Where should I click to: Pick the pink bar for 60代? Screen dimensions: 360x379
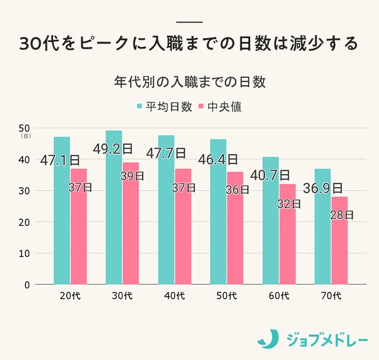click(287, 243)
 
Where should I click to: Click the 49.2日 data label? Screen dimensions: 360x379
click(113, 149)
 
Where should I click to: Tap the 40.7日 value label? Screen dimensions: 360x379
click(270, 175)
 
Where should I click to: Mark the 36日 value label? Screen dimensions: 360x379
click(238, 190)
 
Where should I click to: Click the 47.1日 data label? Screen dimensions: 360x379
click(60, 160)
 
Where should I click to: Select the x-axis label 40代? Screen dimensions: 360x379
click(175, 296)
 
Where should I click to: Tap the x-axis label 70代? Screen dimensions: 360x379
click(331, 296)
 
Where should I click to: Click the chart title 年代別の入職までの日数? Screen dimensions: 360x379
click(189, 83)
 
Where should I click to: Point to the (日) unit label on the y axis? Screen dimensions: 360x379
click(25, 136)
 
